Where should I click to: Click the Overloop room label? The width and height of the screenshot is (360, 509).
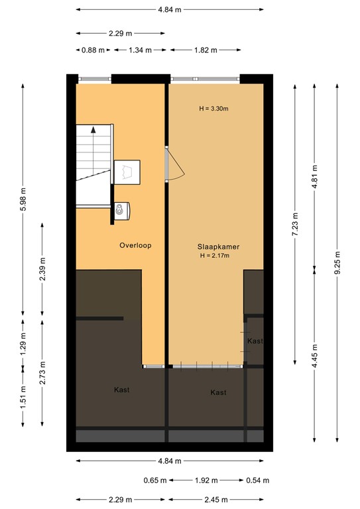[135, 245]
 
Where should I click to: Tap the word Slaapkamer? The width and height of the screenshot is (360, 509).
[218, 247]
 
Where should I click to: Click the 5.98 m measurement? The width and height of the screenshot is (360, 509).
[23, 201]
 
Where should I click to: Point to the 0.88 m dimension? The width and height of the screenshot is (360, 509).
[92, 50]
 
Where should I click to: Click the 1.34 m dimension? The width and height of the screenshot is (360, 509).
[140, 50]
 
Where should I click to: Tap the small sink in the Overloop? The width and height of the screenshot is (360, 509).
[121, 211]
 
